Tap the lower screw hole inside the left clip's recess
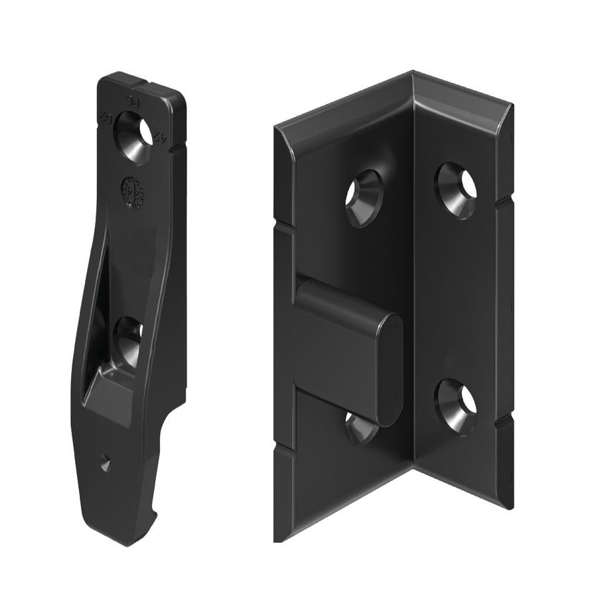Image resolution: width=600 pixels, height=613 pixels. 128,342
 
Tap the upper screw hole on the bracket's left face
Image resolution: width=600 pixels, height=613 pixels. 364,198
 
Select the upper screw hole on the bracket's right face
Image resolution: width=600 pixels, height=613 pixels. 457,189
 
